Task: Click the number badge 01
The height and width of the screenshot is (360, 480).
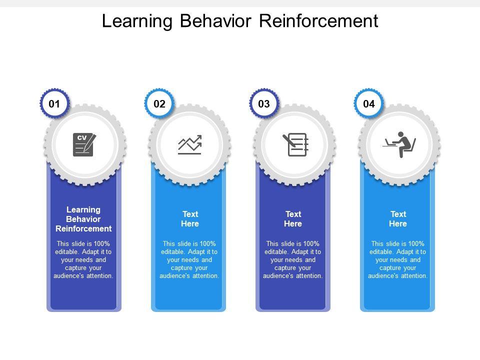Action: [x=54, y=104]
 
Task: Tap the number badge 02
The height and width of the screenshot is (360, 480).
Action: [x=159, y=104]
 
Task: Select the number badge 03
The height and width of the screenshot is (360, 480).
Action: [x=264, y=104]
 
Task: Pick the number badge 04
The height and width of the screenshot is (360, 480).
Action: [x=369, y=104]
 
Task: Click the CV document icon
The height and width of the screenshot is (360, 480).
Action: [x=83, y=145]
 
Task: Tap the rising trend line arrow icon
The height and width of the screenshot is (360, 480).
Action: [x=189, y=144]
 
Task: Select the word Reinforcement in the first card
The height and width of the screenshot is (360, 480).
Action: [x=83, y=228]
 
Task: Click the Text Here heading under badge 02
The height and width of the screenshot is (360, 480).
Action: [x=190, y=219]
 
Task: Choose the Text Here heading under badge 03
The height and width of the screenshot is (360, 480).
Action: [x=293, y=219]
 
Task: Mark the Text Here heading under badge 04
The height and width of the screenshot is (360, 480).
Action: [x=398, y=219]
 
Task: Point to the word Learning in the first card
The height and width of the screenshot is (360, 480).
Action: [x=83, y=209]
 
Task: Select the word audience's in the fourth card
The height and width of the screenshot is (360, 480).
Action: [x=382, y=276]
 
